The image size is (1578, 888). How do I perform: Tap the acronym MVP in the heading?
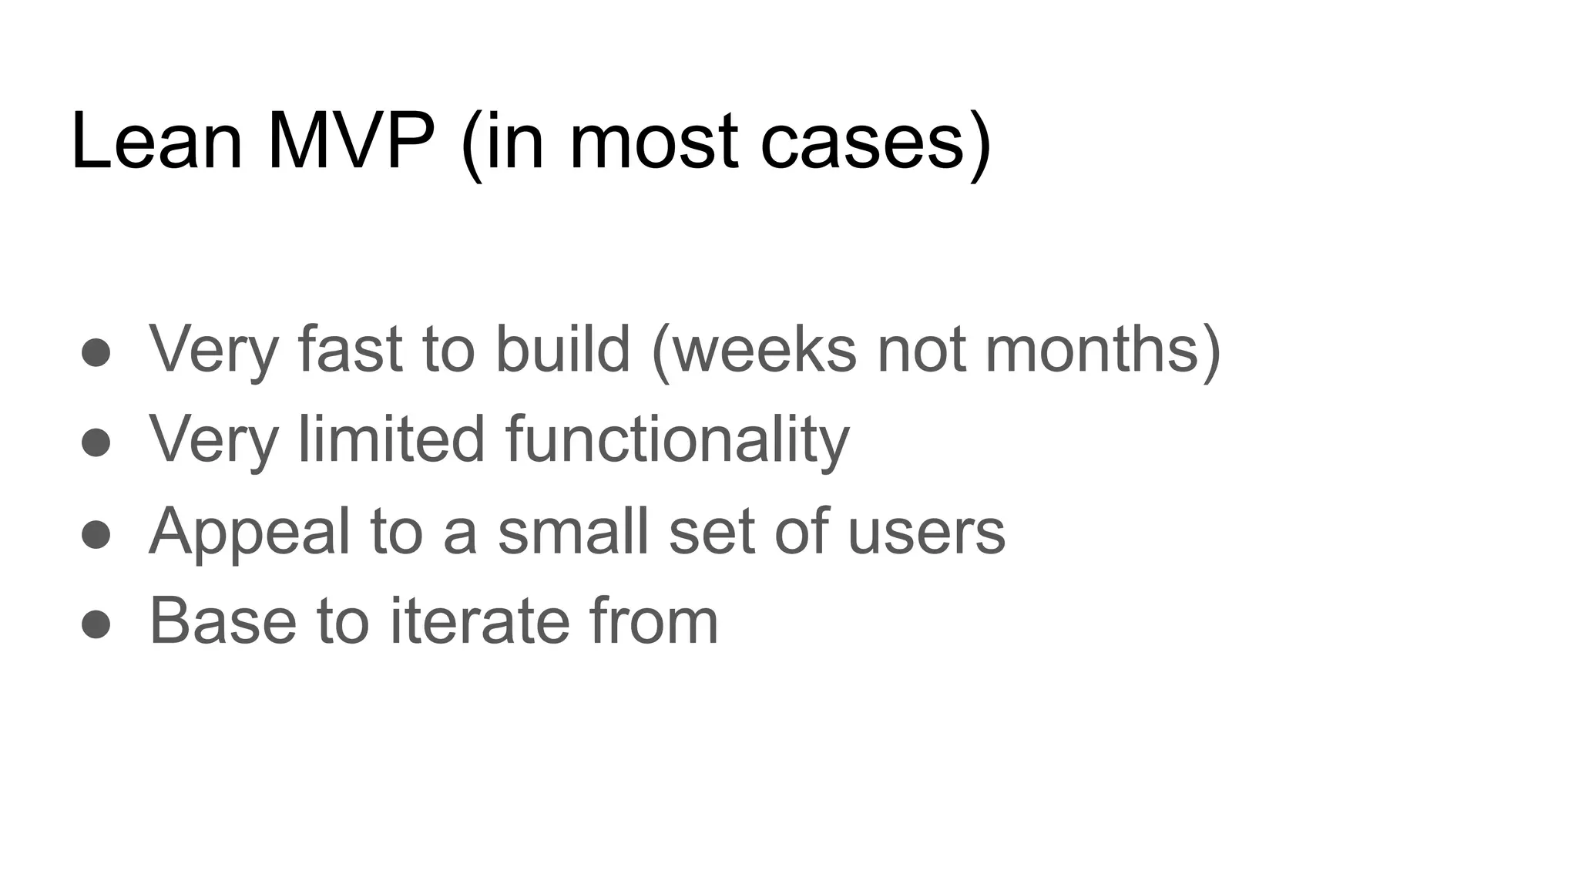coord(351,142)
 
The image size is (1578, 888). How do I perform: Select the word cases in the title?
coord(862,143)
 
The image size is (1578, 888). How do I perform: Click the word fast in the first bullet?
coord(350,348)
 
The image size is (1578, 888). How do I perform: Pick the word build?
coord(562,348)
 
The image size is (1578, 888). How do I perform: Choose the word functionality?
coord(677,440)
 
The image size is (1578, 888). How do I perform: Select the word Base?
coord(223,621)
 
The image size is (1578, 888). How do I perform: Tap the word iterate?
coord(478,621)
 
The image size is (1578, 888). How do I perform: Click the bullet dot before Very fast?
coord(96,352)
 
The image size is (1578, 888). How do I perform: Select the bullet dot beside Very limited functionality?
coord(96,442)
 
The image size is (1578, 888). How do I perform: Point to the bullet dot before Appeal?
coord(96,534)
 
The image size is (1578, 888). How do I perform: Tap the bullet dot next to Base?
coord(96,624)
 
